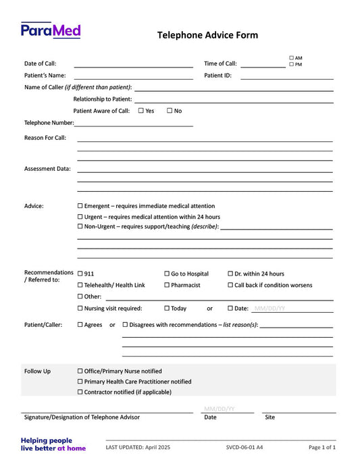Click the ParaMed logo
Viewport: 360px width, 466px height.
[51, 30]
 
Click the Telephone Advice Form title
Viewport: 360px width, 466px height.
[207, 35]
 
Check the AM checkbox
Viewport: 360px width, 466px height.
[292, 58]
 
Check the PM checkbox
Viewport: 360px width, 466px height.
[292, 65]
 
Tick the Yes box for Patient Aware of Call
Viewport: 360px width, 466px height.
[140, 111]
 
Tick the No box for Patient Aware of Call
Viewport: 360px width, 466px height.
[170, 111]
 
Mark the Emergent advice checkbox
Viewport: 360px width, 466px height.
[80, 206]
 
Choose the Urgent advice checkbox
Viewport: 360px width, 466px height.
[80, 217]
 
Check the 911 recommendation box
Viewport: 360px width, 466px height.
[80, 274]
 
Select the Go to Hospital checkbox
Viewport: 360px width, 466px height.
[167, 274]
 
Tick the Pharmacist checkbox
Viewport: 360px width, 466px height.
[167, 285]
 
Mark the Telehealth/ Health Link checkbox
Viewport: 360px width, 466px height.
[80, 285]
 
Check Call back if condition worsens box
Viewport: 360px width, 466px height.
[230, 285]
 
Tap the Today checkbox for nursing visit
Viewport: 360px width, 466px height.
[167, 309]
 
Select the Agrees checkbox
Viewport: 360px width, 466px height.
[80, 325]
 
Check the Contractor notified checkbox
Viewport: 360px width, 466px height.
[80, 392]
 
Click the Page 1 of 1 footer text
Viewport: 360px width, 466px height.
[322, 447]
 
